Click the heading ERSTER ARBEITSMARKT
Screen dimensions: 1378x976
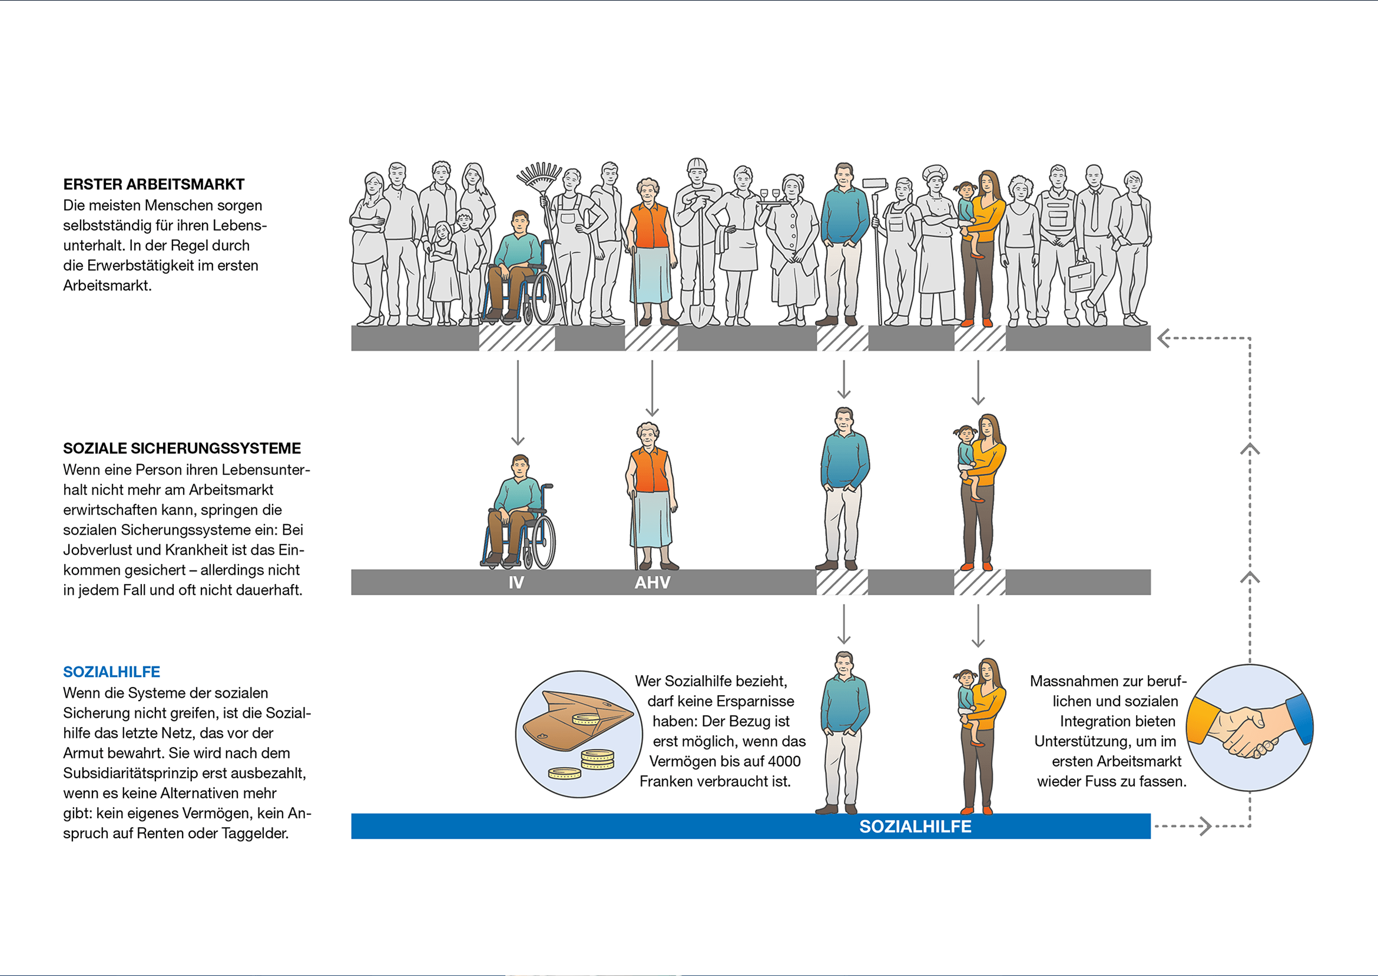[154, 184]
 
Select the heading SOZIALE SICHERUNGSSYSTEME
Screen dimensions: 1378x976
[182, 449]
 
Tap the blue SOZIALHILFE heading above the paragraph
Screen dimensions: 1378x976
[112, 672]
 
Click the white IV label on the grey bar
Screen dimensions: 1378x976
[516, 582]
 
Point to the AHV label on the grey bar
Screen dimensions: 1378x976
[652, 582]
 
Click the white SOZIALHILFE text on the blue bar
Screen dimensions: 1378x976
[915, 826]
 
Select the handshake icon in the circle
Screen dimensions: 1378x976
[1250, 728]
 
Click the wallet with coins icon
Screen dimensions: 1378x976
[579, 734]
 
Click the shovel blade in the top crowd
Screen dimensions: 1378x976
[699, 313]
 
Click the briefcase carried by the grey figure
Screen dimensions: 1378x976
[1081, 276]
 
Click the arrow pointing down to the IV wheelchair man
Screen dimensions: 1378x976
[518, 403]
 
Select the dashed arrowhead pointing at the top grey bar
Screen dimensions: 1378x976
[1164, 338]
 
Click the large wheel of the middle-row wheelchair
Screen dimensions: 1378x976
[544, 543]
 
